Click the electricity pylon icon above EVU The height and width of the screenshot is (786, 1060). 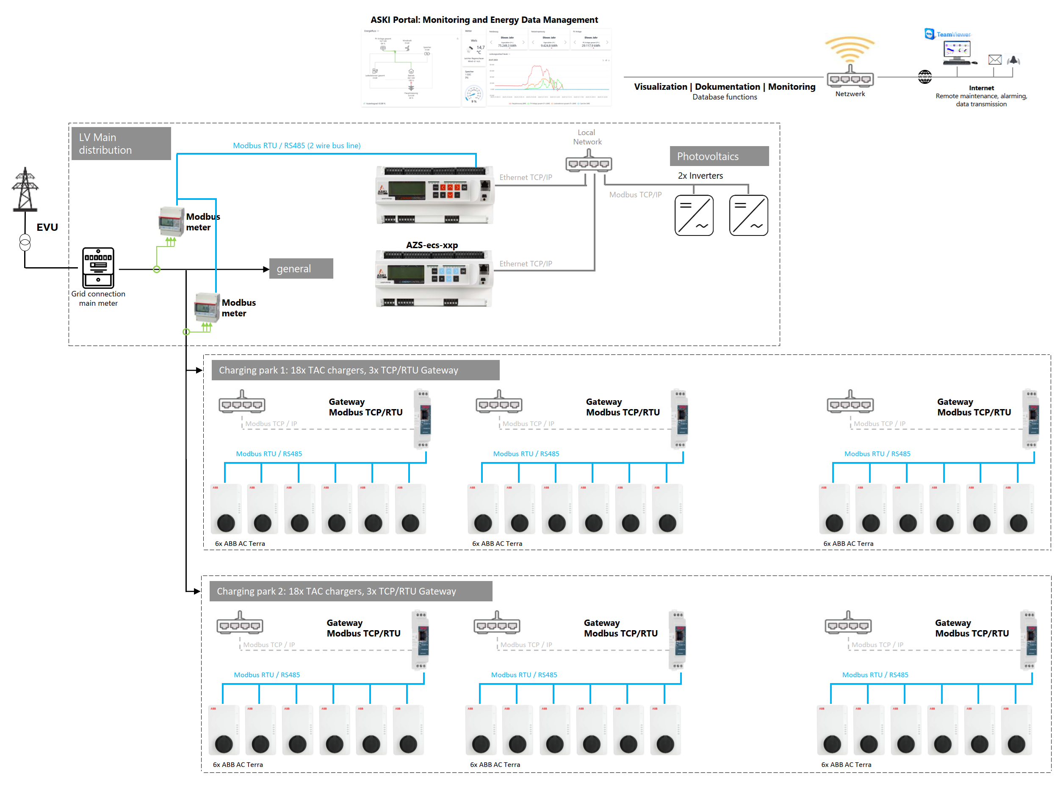coord(25,189)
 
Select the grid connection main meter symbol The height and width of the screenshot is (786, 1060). coord(98,267)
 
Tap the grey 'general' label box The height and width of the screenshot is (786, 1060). coord(301,269)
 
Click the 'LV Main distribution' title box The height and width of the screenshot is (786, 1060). coord(121,144)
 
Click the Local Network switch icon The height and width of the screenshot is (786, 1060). coord(589,162)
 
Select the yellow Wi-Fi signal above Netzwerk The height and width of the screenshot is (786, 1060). coord(849,49)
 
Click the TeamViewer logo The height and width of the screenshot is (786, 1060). coord(947,34)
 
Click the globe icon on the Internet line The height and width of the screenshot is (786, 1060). coord(924,77)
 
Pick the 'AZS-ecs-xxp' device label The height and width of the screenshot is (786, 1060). coord(432,245)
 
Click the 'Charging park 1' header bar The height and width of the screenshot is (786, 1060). coord(355,370)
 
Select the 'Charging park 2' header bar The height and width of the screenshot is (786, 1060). coord(351,591)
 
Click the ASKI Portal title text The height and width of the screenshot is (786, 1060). coord(484,20)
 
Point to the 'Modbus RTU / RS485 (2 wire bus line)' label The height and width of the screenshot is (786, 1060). coord(296,146)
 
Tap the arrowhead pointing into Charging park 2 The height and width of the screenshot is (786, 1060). coord(197,591)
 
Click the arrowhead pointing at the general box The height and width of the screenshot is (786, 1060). coord(266,269)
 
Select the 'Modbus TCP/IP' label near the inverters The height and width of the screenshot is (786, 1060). coord(635,195)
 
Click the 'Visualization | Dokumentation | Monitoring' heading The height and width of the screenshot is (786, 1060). coord(724,86)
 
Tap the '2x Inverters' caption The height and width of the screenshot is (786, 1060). coord(700,176)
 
